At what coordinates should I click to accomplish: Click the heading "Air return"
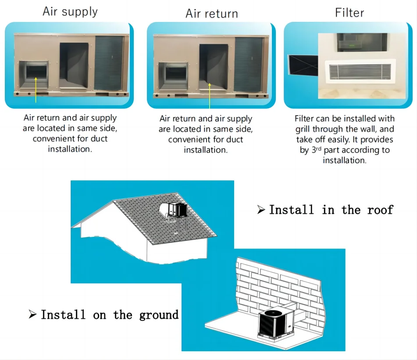point(211,13)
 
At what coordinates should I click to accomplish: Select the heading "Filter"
point(349,12)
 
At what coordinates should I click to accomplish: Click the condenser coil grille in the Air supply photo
point(109,62)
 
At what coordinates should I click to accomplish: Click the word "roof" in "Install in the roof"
point(380,210)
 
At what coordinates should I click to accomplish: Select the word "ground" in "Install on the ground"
point(159,315)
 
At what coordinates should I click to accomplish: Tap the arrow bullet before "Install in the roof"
point(261,210)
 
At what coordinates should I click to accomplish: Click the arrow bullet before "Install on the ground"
point(32,314)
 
